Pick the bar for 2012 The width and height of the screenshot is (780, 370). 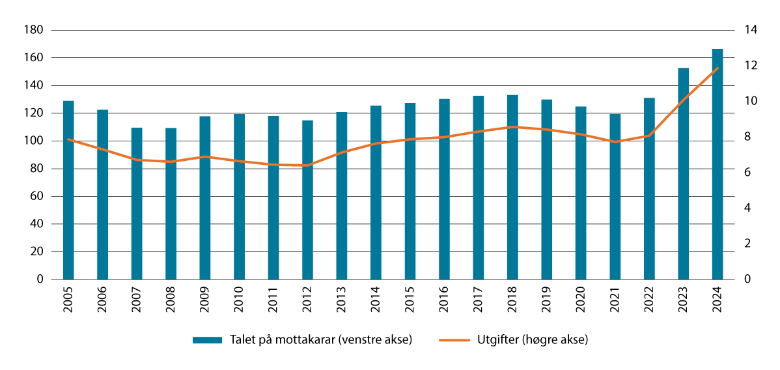tap(307, 200)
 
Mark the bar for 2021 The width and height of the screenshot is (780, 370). tap(615, 197)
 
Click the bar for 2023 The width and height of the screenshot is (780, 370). tap(683, 174)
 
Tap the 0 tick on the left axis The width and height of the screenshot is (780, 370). tap(40, 279)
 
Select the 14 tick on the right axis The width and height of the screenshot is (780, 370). tap(740, 30)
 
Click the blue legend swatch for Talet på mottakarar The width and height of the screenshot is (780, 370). tap(208, 340)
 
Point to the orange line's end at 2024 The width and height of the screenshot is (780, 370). tap(717, 68)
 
